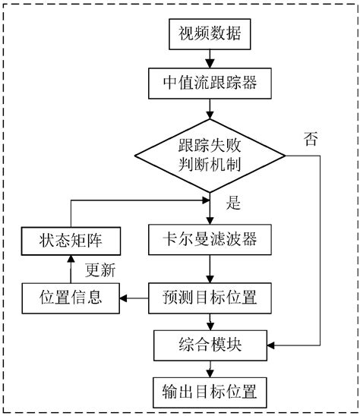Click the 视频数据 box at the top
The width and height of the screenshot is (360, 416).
coord(208,34)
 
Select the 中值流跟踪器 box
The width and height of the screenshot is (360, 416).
coord(208,82)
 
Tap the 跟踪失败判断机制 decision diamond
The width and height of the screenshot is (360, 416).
coord(207,157)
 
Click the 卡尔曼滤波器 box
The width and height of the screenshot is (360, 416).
coord(208,241)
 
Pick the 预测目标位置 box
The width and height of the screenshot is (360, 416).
coord(208,297)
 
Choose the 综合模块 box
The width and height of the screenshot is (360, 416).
coord(208,345)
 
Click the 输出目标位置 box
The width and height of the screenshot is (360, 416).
coord(208,392)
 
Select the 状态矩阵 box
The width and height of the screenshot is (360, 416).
coord(69,241)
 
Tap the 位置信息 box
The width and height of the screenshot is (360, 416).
coord(69,297)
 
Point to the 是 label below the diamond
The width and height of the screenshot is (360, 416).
coord(233,204)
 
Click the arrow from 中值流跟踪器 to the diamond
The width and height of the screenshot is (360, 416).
coord(208,107)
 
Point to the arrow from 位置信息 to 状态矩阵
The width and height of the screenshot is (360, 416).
coord(69,269)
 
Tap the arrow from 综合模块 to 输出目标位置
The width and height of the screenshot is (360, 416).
coord(208,369)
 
